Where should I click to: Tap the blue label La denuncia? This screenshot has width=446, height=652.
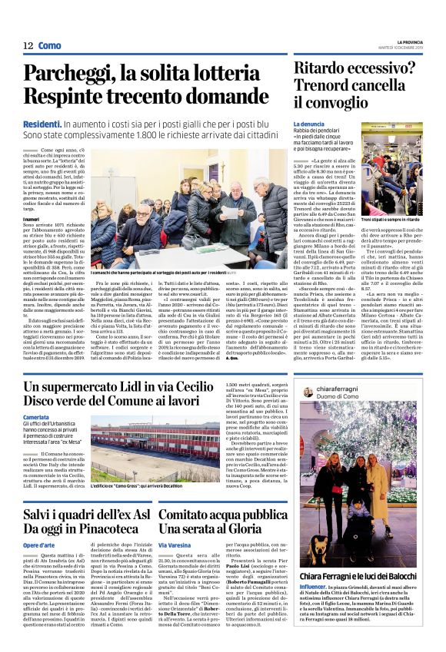(x=310, y=124)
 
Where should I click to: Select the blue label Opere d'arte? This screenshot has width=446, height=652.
(x=39, y=544)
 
